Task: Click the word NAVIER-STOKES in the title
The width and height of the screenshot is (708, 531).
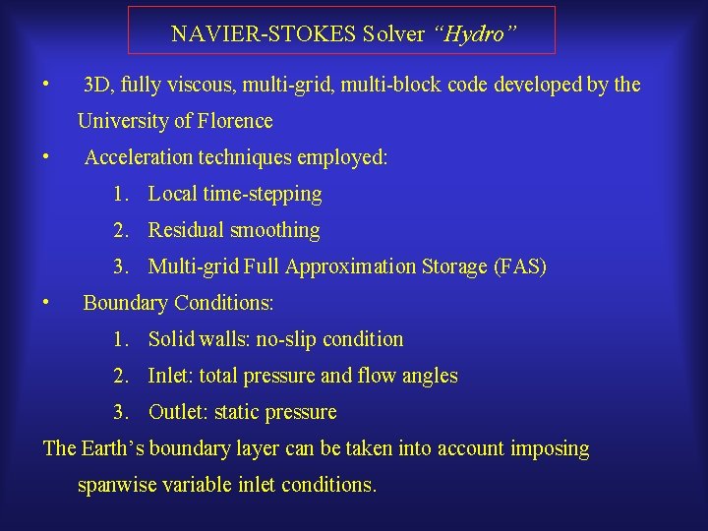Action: pos(263,34)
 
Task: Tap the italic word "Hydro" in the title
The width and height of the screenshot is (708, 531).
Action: pos(475,34)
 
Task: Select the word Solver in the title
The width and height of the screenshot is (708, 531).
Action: pos(393,34)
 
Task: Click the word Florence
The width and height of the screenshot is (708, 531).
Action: pos(236,121)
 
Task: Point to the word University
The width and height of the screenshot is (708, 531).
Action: pos(124,121)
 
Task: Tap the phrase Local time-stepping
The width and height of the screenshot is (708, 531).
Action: pos(235,194)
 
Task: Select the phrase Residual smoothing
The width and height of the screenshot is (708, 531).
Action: pos(234,230)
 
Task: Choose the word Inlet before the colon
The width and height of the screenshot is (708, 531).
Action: pos(168,376)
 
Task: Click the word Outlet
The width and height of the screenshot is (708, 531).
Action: pos(176,412)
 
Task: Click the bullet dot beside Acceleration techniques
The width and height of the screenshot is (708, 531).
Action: pos(46,155)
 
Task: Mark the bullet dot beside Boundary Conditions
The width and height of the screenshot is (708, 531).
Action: pos(46,301)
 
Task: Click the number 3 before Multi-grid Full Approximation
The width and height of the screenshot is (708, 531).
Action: pos(119,266)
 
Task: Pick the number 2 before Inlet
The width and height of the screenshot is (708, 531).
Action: pos(119,376)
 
